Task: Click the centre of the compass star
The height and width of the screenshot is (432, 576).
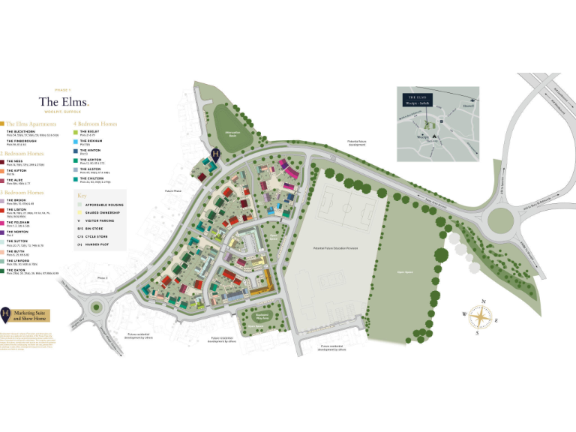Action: point(478,318)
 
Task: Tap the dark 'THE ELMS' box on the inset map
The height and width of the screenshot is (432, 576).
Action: point(416,98)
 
